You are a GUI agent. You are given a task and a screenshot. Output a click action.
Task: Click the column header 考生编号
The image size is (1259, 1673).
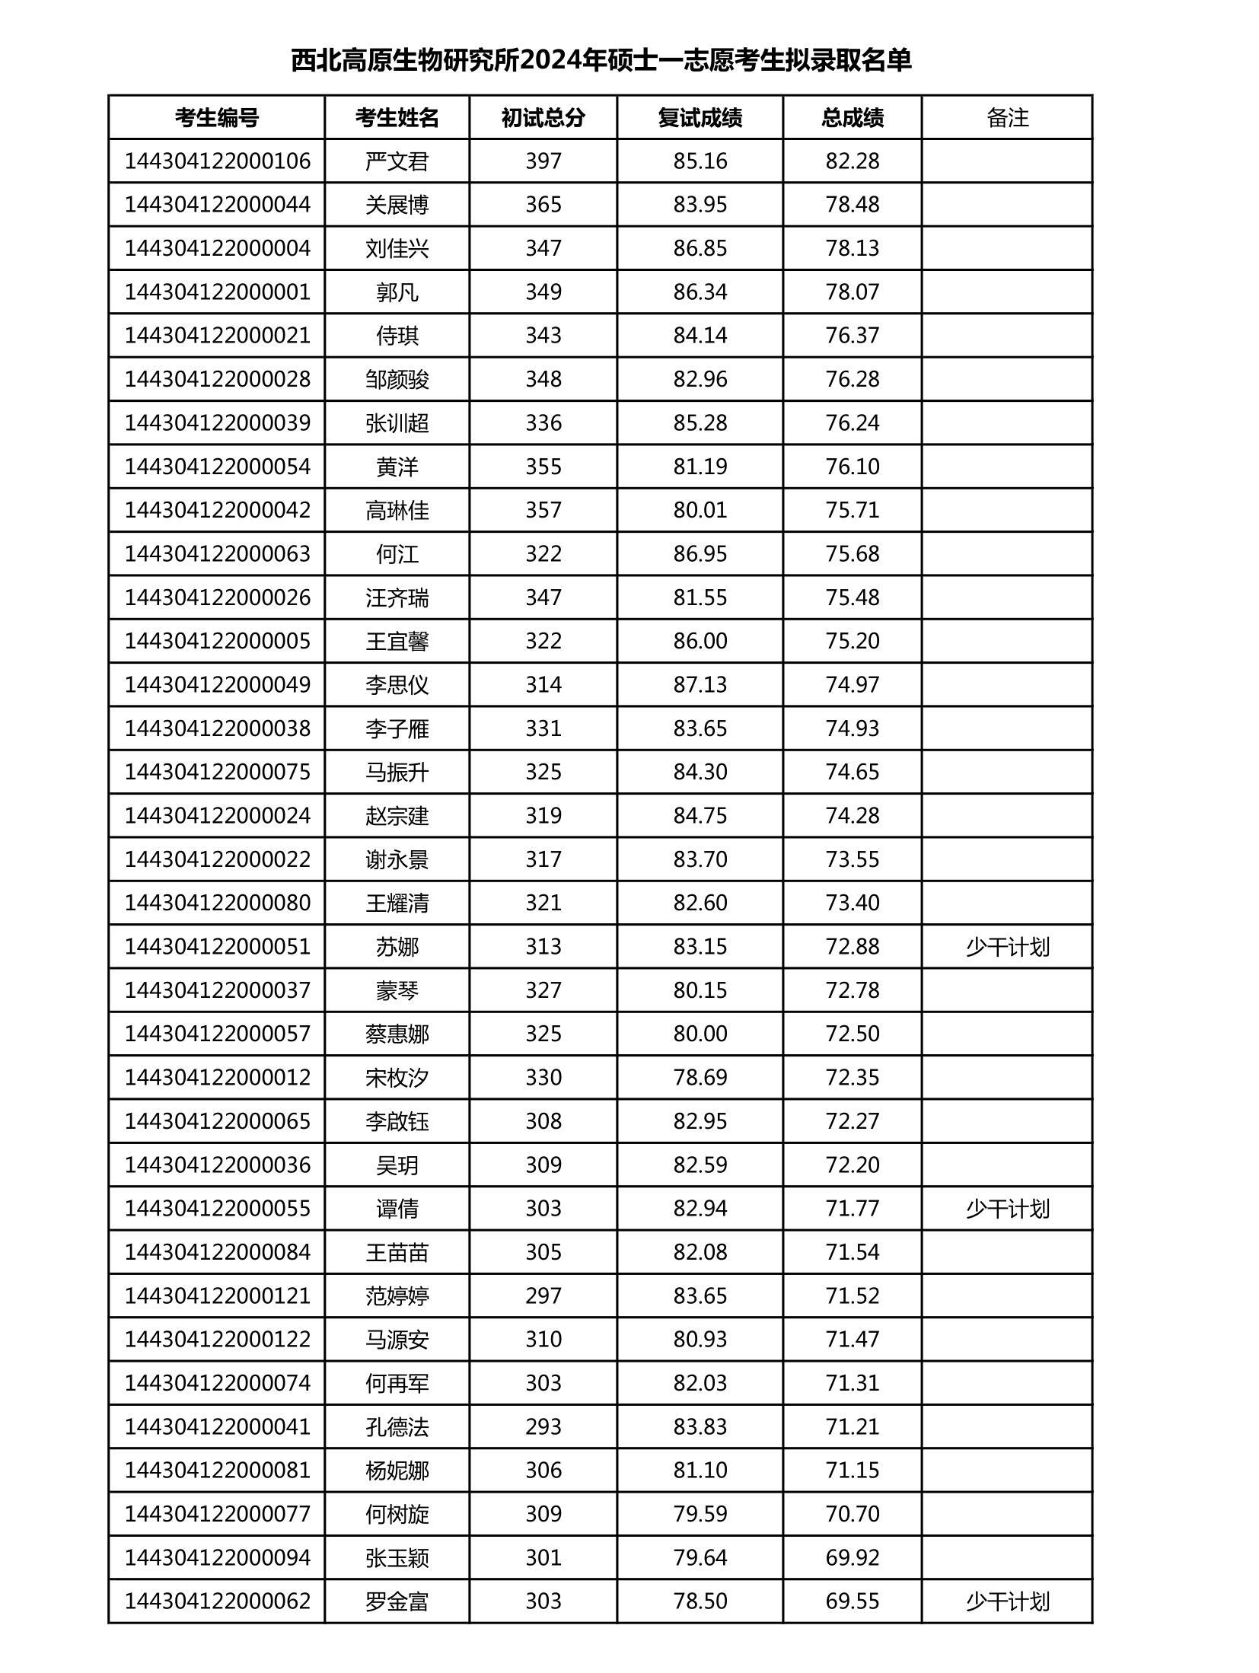point(216,117)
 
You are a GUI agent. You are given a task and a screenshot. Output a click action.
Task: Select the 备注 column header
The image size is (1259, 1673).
point(1006,117)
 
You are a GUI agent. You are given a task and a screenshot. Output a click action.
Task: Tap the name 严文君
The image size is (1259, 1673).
point(397,161)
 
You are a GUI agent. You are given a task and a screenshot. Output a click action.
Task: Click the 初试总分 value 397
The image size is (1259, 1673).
point(543,161)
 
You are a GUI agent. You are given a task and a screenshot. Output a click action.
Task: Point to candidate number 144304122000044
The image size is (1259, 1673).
point(217,205)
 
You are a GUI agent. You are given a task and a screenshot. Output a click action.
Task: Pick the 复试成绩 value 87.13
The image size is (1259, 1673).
point(700,684)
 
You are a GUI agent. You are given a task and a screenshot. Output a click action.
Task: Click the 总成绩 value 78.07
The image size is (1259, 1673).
point(852,292)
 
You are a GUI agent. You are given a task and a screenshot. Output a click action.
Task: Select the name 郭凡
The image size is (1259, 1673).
point(397,292)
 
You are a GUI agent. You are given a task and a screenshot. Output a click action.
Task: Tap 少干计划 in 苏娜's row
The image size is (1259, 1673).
point(1006,947)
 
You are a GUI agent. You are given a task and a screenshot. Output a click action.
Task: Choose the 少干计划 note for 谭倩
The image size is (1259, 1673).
point(1006,1209)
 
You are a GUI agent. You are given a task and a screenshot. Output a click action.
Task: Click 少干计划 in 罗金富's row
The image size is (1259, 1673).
point(1006,1601)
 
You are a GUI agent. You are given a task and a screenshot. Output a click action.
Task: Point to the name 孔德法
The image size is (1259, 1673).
point(397,1426)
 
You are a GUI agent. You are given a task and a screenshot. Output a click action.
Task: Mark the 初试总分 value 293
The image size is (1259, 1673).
point(543,1426)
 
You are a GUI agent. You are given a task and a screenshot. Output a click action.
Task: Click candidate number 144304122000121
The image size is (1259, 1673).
point(217,1295)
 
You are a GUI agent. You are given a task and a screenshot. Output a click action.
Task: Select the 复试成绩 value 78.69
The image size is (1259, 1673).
point(700,1078)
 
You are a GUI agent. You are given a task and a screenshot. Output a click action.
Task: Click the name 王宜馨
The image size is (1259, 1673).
point(397,641)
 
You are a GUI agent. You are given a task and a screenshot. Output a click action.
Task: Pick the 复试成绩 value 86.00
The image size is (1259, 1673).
point(700,641)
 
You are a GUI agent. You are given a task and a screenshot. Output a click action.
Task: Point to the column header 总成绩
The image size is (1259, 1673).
point(852,117)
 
